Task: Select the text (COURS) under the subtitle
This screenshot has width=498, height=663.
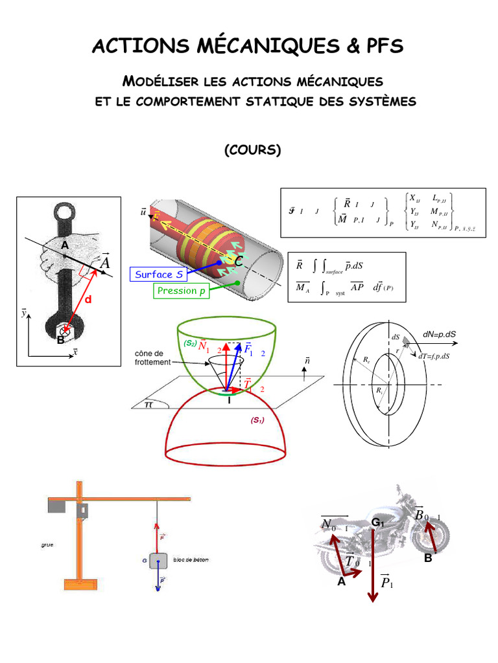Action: click(x=252, y=150)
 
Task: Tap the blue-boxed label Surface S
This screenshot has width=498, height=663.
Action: click(x=160, y=275)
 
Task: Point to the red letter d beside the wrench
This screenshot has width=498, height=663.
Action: click(x=89, y=300)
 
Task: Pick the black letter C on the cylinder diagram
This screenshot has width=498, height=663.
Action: click(x=239, y=262)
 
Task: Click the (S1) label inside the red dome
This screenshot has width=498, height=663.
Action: click(x=258, y=420)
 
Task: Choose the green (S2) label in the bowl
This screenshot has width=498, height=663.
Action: click(x=190, y=343)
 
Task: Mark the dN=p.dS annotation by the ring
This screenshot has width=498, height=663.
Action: click(x=439, y=334)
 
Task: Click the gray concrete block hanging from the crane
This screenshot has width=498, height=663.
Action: click(x=158, y=561)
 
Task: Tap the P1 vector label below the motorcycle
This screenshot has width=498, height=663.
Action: click(x=387, y=583)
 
